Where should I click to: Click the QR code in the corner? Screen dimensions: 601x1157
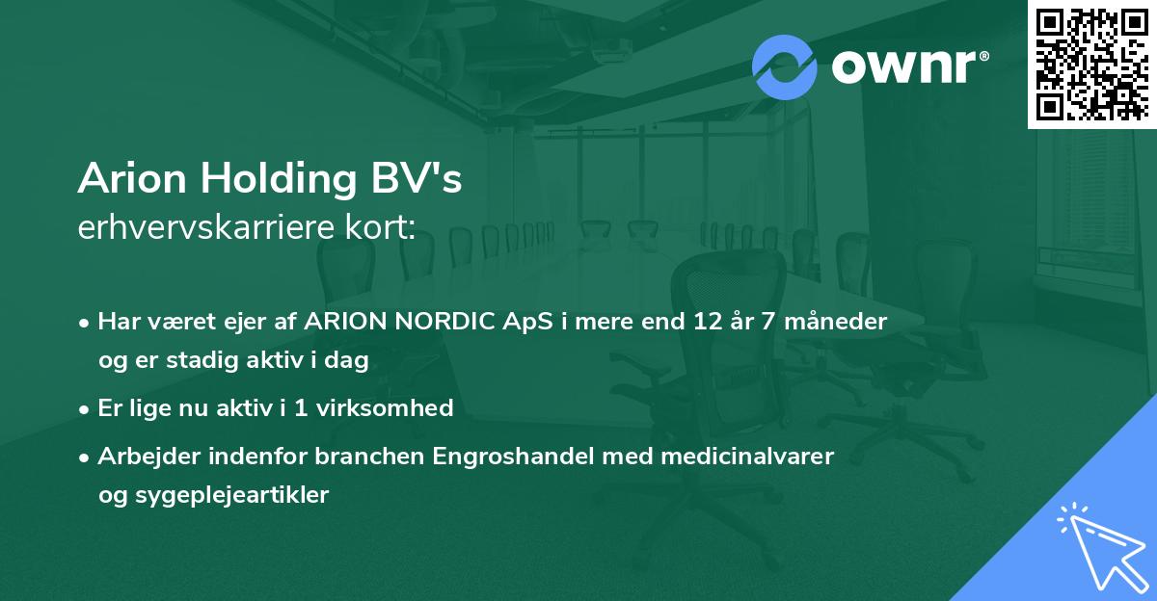click(1091, 65)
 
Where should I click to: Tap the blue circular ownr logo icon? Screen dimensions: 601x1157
click(785, 66)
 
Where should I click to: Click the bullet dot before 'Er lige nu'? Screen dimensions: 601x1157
click(86, 408)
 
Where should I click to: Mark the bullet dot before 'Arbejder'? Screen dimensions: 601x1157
click(86, 457)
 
